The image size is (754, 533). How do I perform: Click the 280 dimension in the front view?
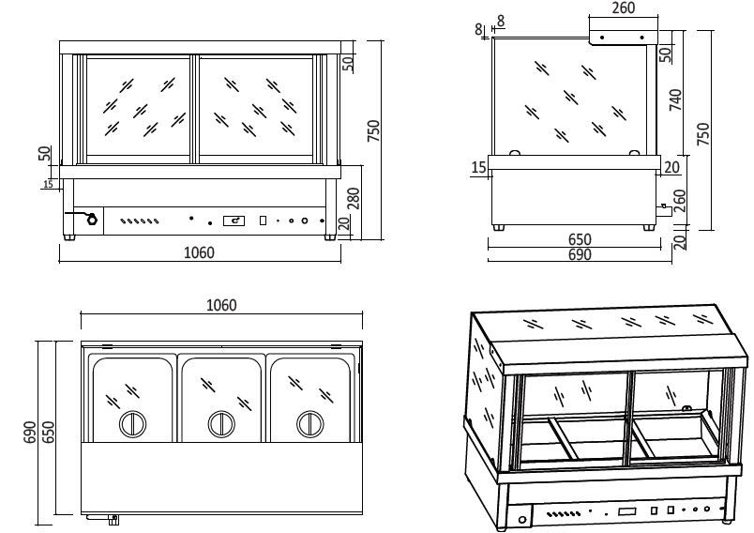(354, 198)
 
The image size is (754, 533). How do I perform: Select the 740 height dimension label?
(675, 99)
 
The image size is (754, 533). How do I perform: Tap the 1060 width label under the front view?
(199, 252)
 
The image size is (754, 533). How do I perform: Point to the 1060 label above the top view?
(220, 305)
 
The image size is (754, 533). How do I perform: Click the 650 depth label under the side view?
(580, 241)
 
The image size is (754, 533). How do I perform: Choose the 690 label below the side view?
(580, 255)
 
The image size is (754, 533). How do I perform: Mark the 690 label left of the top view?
(30, 432)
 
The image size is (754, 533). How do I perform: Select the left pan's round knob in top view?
(132, 424)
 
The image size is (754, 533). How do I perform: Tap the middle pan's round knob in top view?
(221, 424)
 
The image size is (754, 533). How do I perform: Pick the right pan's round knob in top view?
(310, 424)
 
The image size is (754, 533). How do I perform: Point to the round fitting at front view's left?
(90, 221)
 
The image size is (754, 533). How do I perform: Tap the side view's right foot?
(648, 226)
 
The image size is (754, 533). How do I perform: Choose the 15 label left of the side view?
(478, 167)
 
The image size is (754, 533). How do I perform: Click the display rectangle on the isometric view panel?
(626, 513)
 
